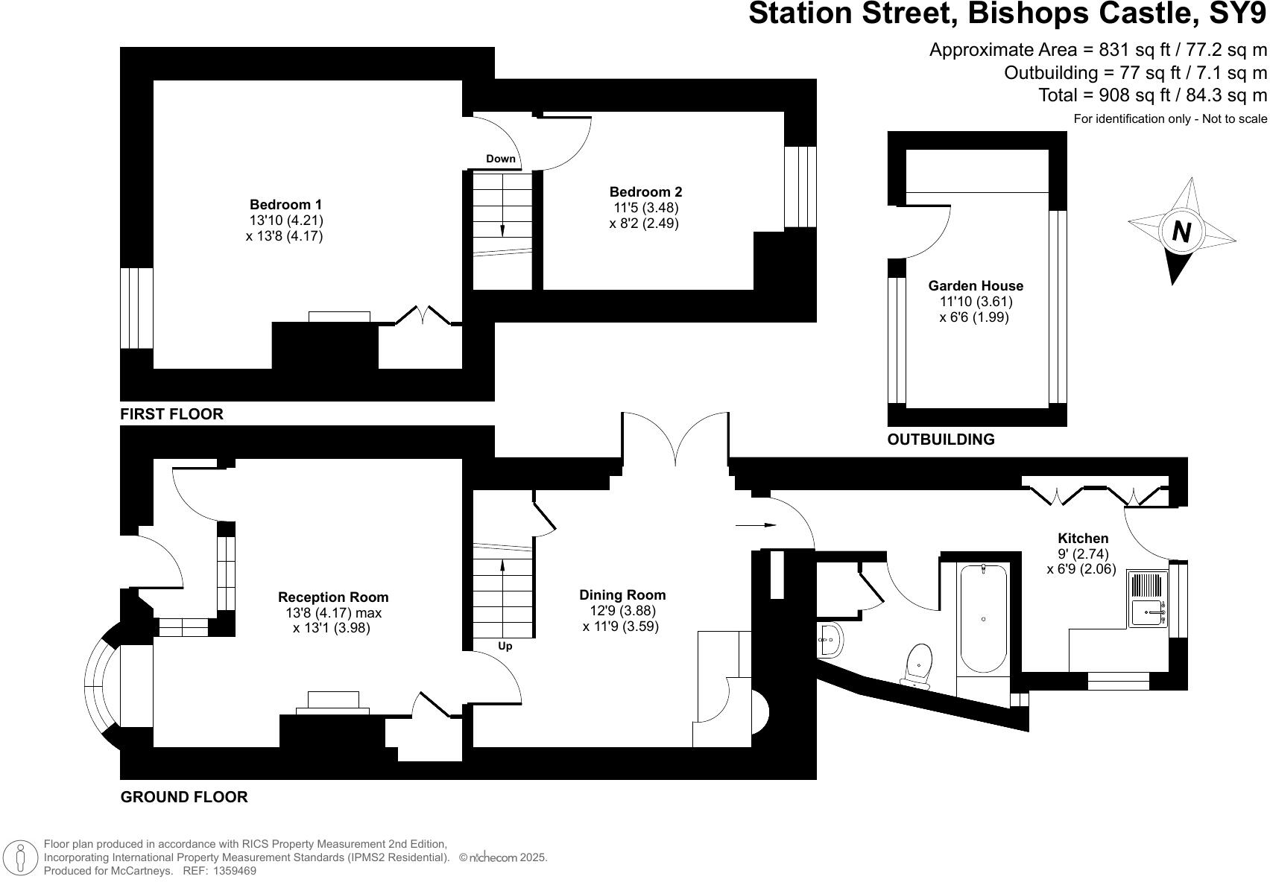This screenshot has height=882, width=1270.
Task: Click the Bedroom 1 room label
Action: point(286,205)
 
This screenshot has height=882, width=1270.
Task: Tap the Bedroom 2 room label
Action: point(645,192)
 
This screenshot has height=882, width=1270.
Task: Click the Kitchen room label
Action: point(1083,539)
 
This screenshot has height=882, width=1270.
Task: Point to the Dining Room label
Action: point(622,595)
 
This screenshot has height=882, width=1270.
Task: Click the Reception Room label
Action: point(333,597)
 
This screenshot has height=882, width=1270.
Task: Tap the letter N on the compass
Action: point(1181,232)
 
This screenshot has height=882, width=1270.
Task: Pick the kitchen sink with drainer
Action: point(1147,599)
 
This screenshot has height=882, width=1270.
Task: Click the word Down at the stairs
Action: point(501,159)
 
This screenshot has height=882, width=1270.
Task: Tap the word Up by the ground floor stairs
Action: point(505,646)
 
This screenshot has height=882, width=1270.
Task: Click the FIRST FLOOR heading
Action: point(171,414)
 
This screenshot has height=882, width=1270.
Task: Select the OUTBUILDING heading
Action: point(941,440)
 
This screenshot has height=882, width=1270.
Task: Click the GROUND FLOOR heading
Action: point(184,797)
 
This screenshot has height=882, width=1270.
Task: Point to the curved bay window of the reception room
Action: point(98,687)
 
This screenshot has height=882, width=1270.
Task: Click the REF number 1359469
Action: point(235,870)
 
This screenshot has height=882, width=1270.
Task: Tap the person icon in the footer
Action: point(22,857)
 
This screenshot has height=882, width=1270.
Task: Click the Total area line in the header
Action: point(1152,95)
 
